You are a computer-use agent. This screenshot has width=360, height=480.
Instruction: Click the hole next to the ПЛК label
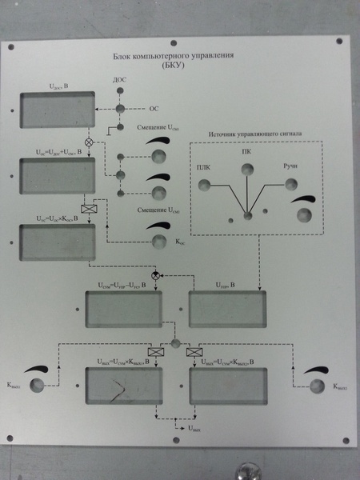pyautogui.click(x=205, y=185)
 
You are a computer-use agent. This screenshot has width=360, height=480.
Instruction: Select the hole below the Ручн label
pyautogui.click(x=289, y=185)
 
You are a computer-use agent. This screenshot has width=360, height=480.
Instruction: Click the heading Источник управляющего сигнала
pyautogui.click(x=258, y=134)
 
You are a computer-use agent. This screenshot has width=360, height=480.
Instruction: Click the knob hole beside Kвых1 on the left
pyautogui.click(x=37, y=386)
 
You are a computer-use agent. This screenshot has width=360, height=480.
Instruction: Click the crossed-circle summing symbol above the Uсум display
pyautogui.click(x=157, y=274)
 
